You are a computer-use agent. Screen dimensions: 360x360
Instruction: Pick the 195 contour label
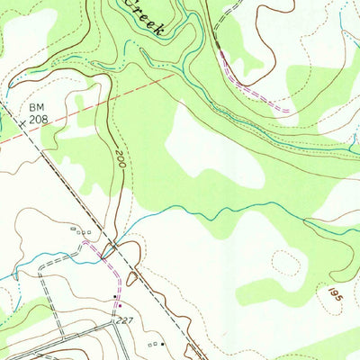[x=335, y=294]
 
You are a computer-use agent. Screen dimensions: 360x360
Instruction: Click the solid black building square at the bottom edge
[x=163, y=343]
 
